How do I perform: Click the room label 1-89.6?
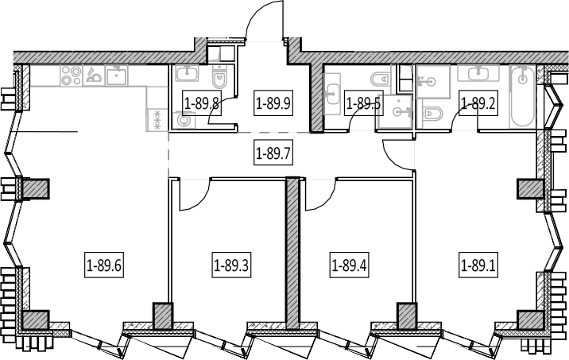point(104,266)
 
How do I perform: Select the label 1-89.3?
point(231,266)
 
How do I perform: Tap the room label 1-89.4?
point(349,266)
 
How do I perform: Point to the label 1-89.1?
point(478,266)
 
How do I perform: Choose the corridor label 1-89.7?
point(273,153)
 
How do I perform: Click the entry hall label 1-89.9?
point(273,104)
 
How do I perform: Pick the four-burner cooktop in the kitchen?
point(72,75)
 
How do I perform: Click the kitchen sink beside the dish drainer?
point(116,75)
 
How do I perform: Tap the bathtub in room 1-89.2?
point(522,96)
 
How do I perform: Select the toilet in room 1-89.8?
point(219,76)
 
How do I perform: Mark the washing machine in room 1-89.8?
point(184,120)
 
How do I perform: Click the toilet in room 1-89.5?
point(380,79)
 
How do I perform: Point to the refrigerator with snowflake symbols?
point(157,120)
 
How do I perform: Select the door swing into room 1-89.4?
point(326,199)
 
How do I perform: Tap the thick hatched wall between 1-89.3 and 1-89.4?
point(292,253)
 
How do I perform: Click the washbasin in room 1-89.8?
point(187,73)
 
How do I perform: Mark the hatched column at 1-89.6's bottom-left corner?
point(36,320)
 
